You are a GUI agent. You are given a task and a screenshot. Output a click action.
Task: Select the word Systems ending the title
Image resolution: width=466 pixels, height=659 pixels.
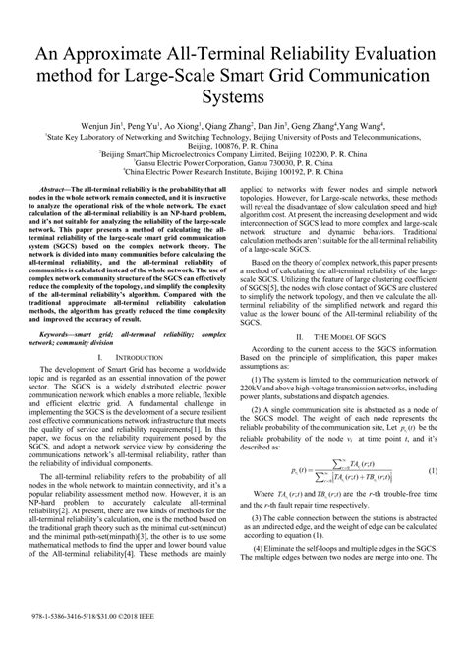click(233, 98)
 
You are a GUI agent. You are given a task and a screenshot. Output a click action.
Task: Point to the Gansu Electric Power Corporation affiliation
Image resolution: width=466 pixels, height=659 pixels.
click(233, 165)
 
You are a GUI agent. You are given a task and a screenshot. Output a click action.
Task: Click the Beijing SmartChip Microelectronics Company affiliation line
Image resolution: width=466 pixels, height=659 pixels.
click(233, 155)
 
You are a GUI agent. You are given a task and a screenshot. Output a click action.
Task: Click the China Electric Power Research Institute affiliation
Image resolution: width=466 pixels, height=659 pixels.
click(233, 174)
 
